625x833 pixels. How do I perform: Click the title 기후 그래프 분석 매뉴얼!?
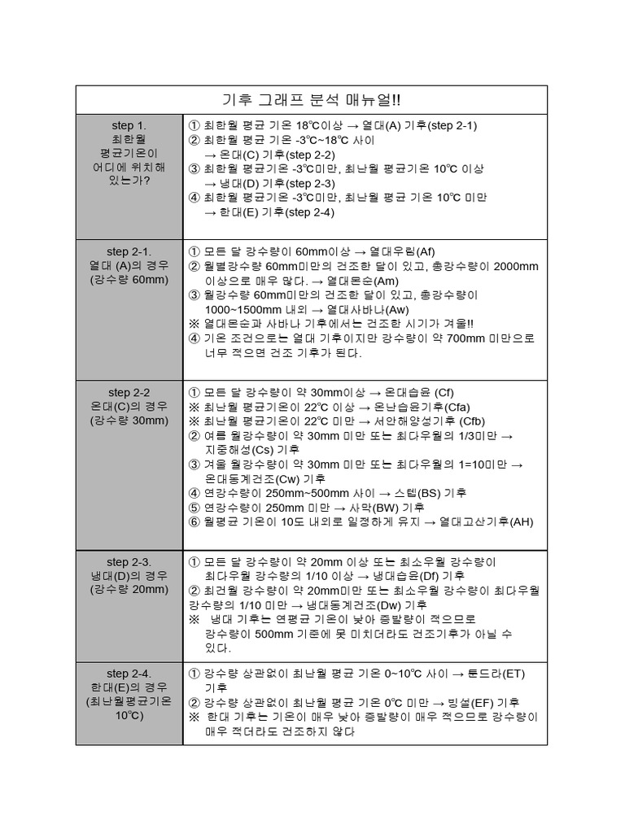312,99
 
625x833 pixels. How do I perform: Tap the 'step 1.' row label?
129,125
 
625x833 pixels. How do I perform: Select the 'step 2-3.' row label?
129,562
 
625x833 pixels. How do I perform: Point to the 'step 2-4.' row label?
129,674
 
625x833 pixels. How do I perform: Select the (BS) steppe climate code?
423,493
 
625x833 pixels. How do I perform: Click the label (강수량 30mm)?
129,421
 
